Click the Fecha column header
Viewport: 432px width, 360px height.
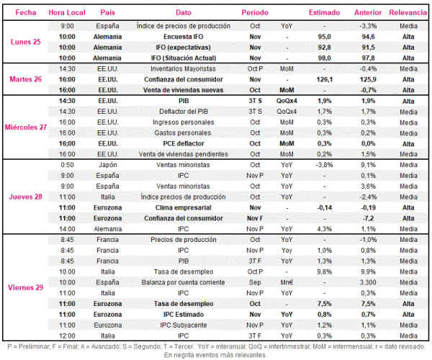(x=26, y=12)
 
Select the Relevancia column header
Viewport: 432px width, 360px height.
(x=408, y=12)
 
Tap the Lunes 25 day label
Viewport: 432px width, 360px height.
(x=26, y=42)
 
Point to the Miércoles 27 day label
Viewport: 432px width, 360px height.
(x=26, y=127)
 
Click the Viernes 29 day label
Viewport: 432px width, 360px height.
(x=26, y=287)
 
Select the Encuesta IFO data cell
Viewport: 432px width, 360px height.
(x=183, y=37)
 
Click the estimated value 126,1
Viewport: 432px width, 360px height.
(x=325, y=80)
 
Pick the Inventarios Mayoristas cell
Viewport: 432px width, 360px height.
(x=183, y=69)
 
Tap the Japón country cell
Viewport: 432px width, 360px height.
(x=107, y=165)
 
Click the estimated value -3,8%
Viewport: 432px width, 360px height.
(x=325, y=165)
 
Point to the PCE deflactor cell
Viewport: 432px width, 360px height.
(x=183, y=143)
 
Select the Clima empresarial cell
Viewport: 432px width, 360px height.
(x=183, y=207)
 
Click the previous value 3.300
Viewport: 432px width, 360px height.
(x=368, y=282)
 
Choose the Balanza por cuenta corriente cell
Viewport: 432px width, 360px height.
(x=183, y=282)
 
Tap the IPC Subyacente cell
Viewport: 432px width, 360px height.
(x=183, y=325)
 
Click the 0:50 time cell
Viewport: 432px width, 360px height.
(x=67, y=165)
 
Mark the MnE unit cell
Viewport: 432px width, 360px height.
(x=287, y=282)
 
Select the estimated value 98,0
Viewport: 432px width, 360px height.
(x=325, y=58)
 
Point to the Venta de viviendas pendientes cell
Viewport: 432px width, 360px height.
(x=183, y=154)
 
